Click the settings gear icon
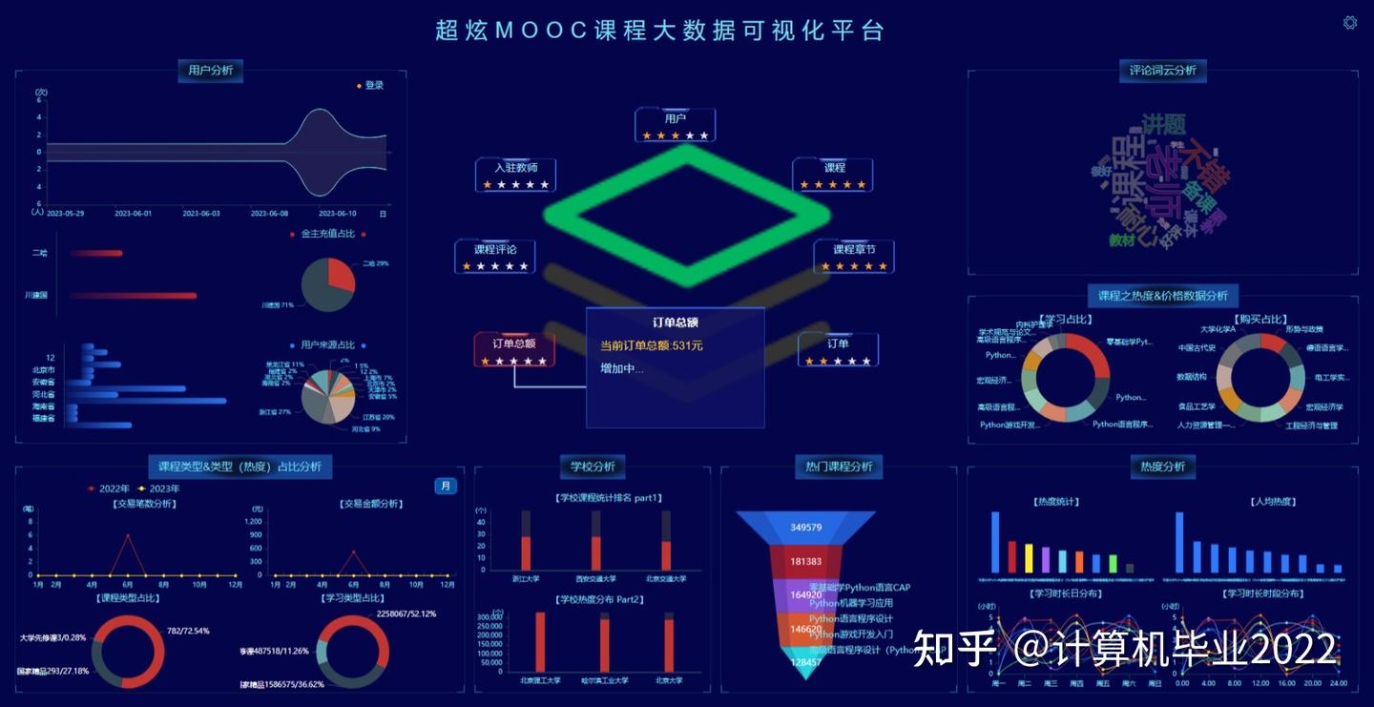point(1350,22)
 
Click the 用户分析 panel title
point(210,71)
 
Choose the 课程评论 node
point(495,250)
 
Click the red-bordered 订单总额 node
point(513,343)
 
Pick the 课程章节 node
point(854,250)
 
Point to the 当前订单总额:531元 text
point(651,345)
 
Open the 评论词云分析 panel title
point(1162,71)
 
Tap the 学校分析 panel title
point(593,467)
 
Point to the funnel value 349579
point(806,527)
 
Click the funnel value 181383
point(806,561)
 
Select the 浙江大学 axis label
point(525,579)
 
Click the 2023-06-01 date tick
point(134,214)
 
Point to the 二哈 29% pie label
point(375,263)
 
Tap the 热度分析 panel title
point(1162,467)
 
